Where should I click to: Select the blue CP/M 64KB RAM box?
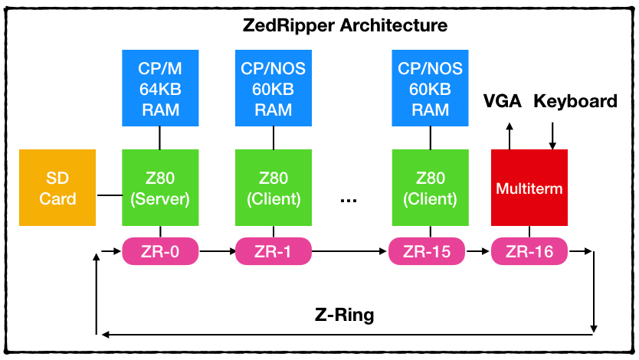tap(159, 88)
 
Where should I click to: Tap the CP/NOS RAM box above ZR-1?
tap(273, 88)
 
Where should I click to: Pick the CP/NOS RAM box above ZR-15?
tap(430, 88)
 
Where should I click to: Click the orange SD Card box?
tap(57, 188)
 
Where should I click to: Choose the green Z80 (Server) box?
tap(159, 188)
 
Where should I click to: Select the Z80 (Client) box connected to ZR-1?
tap(273, 188)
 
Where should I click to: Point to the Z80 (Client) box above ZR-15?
tap(430, 188)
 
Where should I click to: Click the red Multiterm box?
tap(529, 188)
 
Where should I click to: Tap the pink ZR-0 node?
tap(160, 250)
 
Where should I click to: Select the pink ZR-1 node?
tap(274, 250)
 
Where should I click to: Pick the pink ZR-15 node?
tap(427, 250)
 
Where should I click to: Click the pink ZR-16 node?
tap(529, 250)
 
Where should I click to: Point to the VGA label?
tap(502, 102)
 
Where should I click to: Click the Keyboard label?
tap(575, 102)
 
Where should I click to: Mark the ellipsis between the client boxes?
tap(349, 198)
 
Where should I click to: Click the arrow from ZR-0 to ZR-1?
tap(216, 250)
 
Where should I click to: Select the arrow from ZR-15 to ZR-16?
tap(478, 250)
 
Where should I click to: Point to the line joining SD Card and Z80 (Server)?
tap(109, 195)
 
